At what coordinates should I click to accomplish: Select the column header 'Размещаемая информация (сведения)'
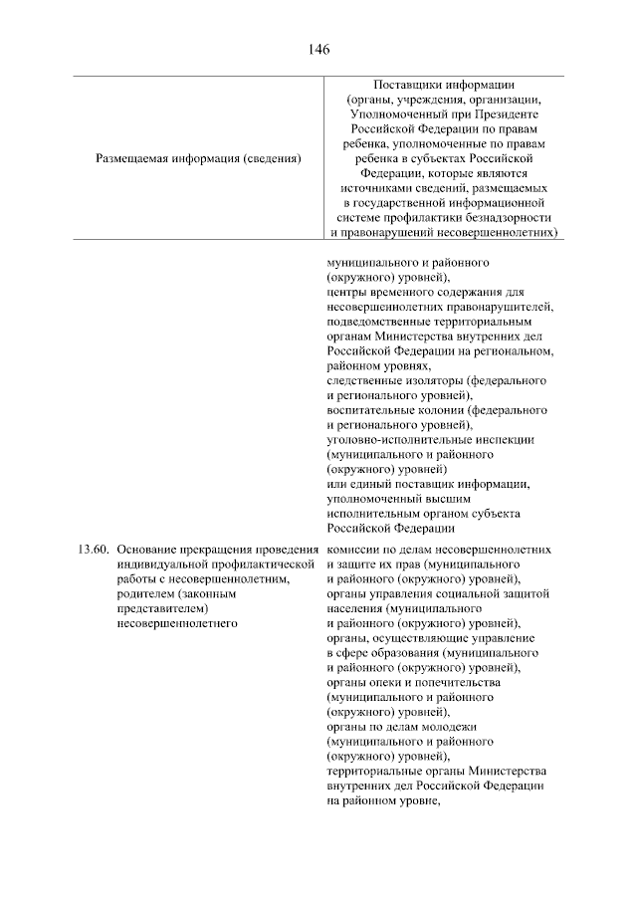pos(198,158)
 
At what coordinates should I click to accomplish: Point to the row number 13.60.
pos(93,550)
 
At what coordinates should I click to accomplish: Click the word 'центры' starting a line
pos(347,293)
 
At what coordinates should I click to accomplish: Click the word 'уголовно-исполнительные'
pos(399,440)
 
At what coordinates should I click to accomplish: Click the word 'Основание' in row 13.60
pos(147,550)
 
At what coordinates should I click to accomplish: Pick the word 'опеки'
pos(384,683)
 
